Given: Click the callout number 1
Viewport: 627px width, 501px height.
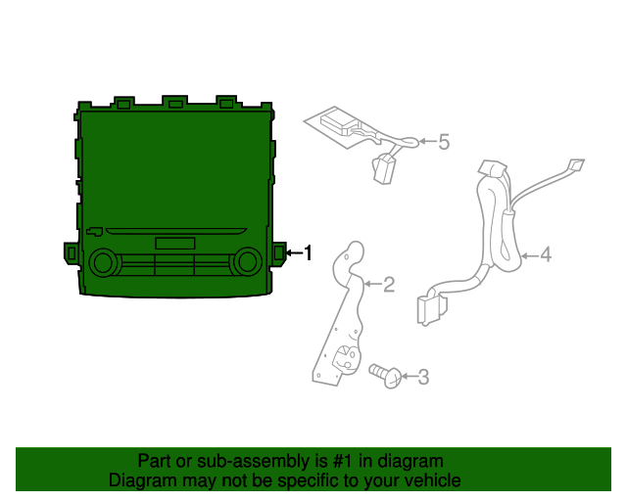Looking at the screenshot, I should tap(308, 253).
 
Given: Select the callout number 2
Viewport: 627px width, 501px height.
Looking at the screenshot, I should tap(389, 285).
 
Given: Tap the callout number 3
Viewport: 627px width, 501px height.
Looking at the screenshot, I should tap(423, 376).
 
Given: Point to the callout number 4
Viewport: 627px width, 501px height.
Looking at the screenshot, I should tap(546, 255).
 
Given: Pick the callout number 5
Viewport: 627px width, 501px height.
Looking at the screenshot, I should tap(443, 143).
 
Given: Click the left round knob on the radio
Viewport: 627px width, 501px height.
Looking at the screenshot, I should tap(101, 262).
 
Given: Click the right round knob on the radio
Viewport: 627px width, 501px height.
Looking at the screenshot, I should tap(248, 260).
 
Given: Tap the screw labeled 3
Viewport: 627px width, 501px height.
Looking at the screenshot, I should tap(388, 376).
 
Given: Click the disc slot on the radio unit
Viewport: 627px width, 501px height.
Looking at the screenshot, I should tap(176, 232).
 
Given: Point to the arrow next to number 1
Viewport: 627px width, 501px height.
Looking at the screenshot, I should tap(292, 253).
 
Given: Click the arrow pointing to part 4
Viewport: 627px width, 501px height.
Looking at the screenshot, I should tap(528, 256).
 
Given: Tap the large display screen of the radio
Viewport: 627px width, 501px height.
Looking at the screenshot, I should tap(174, 166).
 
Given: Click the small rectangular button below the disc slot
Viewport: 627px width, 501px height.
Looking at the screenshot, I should tap(174, 244).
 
